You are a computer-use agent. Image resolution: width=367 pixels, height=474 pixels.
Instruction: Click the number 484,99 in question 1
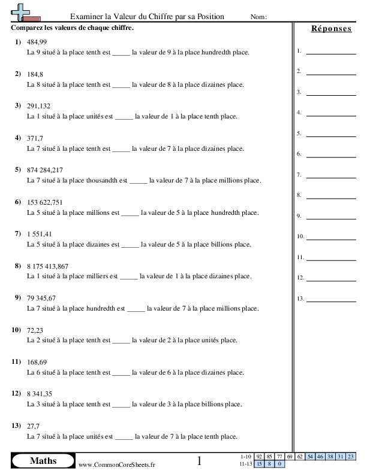point(37,42)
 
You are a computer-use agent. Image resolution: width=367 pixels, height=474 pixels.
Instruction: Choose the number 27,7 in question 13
point(34,426)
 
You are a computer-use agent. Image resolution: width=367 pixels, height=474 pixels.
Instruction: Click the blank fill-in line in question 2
point(121,85)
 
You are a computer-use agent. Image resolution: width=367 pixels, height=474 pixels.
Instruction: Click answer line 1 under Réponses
point(330,53)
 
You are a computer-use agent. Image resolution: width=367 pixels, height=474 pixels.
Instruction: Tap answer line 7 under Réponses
point(330,176)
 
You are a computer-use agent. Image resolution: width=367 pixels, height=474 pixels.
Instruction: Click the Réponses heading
point(331,29)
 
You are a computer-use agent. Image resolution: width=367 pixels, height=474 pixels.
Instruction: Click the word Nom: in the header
point(258,17)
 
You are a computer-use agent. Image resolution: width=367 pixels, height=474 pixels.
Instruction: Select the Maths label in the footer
point(43,461)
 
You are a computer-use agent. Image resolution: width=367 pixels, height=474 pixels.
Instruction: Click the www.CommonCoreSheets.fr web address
point(116,465)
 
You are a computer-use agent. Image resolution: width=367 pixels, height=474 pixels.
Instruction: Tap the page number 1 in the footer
point(200,461)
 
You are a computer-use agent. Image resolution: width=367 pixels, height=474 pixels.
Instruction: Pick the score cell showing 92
point(260,457)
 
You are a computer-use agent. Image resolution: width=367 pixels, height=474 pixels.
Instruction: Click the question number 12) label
point(17,394)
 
